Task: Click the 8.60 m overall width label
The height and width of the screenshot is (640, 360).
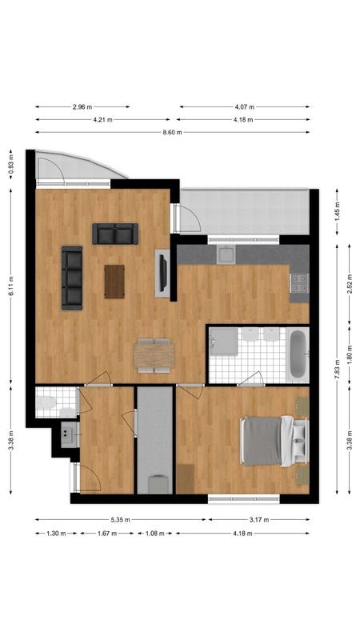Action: [173, 132]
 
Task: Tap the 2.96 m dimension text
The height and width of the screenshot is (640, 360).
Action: [82, 106]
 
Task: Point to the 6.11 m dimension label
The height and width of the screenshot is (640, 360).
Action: [10, 293]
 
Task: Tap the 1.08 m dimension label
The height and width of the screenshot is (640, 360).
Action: [156, 532]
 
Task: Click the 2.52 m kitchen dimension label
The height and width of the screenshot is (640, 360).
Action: [350, 285]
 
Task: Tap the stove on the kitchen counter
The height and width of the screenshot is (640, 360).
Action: [298, 282]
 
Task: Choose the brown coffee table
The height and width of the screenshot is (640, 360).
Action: [114, 281]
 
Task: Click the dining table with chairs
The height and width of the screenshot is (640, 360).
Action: [154, 354]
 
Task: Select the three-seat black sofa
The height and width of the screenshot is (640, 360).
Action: [72, 277]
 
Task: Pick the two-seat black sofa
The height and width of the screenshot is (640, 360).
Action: [115, 234]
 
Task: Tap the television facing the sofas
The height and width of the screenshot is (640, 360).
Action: [163, 274]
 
